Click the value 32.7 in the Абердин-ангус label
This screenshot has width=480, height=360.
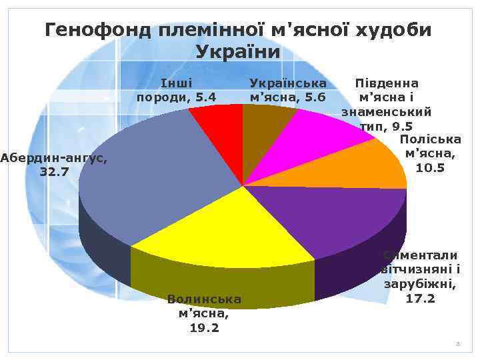coord(54,171)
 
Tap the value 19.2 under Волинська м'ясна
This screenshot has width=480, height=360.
coord(205,328)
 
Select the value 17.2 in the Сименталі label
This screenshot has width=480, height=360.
coord(421,298)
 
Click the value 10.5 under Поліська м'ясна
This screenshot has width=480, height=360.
coord(430,167)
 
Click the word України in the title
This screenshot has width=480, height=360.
coord(240,52)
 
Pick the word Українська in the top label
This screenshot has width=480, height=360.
coord(287,83)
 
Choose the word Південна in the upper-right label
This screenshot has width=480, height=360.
coord(387,83)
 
